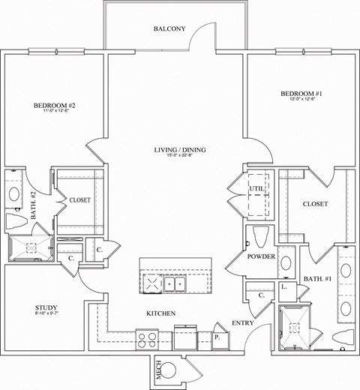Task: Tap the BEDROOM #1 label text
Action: (x=299, y=94)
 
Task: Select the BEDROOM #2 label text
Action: (x=55, y=106)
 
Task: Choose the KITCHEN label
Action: (x=160, y=313)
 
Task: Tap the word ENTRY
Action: (x=243, y=322)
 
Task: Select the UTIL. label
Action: (x=256, y=188)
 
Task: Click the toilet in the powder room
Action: (x=261, y=236)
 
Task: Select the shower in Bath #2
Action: (x=31, y=248)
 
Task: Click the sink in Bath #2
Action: (x=14, y=194)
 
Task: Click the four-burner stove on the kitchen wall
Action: (x=145, y=338)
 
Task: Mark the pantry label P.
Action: (x=217, y=337)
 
